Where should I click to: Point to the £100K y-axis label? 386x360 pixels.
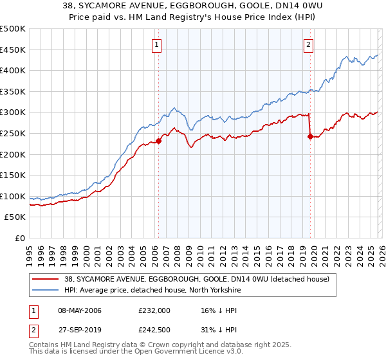click(x=13, y=196)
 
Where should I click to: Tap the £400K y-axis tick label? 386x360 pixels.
click(x=13, y=70)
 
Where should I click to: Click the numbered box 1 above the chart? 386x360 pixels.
click(x=158, y=44)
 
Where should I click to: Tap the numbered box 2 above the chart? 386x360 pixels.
click(x=309, y=44)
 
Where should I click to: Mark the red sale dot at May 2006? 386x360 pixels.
click(x=158, y=141)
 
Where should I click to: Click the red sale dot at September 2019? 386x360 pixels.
click(x=310, y=136)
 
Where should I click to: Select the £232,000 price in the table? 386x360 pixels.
click(x=154, y=310)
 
